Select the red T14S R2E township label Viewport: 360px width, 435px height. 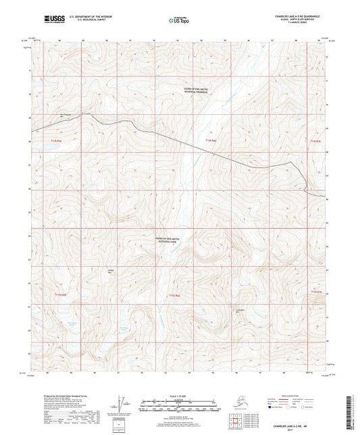click(209, 140)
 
